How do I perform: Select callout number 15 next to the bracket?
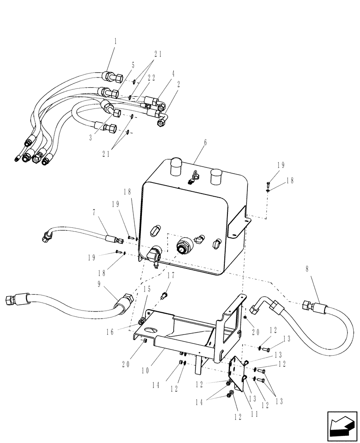147,289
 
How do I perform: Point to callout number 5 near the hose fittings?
121,65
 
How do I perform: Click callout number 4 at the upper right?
173,74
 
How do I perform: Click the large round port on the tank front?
183,245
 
